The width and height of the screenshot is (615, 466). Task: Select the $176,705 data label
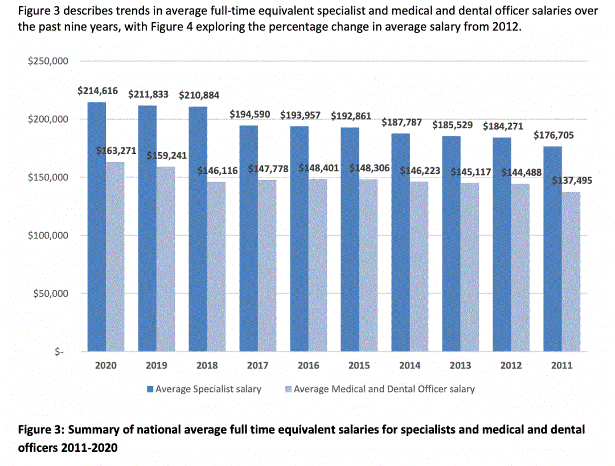coord(554,135)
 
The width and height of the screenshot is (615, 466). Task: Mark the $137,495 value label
coord(572,181)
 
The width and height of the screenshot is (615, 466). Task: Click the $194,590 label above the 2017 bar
coord(250,114)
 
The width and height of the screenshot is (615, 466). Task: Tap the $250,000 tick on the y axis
coord(48,61)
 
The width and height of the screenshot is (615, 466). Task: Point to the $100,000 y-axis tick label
coord(48,236)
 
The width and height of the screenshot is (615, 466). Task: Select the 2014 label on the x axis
coord(410,366)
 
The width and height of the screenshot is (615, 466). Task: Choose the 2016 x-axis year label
coord(309,366)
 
